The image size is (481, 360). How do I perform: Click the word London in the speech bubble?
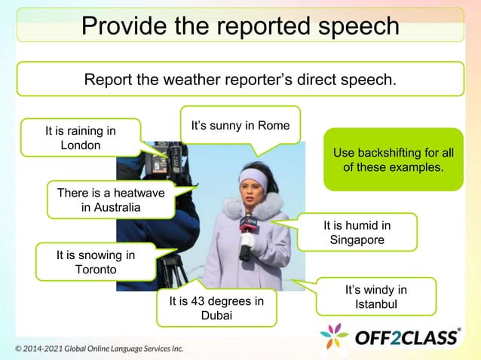[81, 145]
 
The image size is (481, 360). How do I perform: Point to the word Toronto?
[96, 270]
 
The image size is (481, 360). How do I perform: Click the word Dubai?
[216, 316]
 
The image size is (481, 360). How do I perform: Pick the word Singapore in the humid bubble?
[357, 239]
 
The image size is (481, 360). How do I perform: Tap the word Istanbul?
[375, 304]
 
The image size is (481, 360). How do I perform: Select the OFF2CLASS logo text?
[408, 336]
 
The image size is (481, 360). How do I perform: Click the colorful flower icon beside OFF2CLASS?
[335, 336]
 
